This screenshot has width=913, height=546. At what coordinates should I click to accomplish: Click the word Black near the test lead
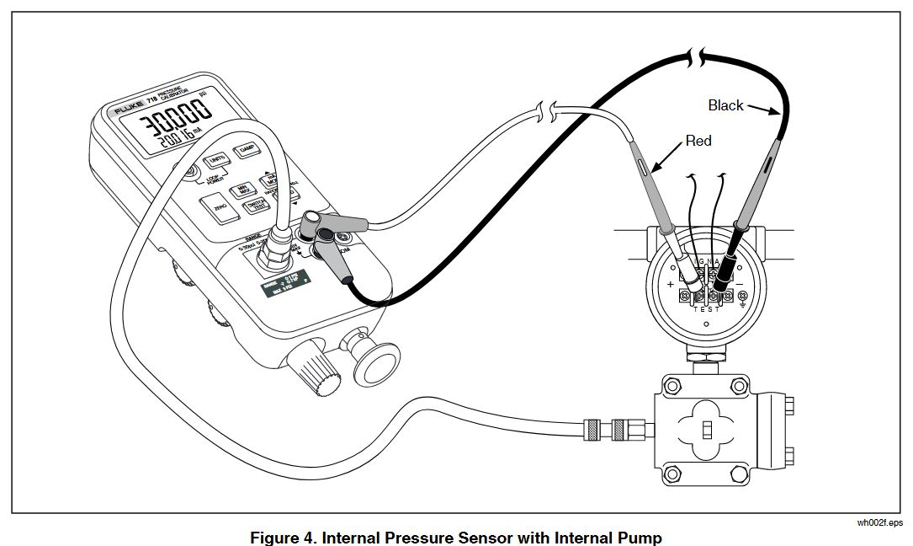pyautogui.click(x=725, y=105)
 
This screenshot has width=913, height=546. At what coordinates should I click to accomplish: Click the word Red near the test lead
pyautogui.click(x=698, y=141)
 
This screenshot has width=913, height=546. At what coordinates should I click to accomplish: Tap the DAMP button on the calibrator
pyautogui.click(x=247, y=150)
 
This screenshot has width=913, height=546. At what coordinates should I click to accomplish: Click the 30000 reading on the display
pyautogui.click(x=173, y=119)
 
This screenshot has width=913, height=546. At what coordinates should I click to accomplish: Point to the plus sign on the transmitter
pyautogui.click(x=671, y=286)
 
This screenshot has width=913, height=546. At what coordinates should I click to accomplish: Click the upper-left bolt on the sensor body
pyautogui.click(x=671, y=386)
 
